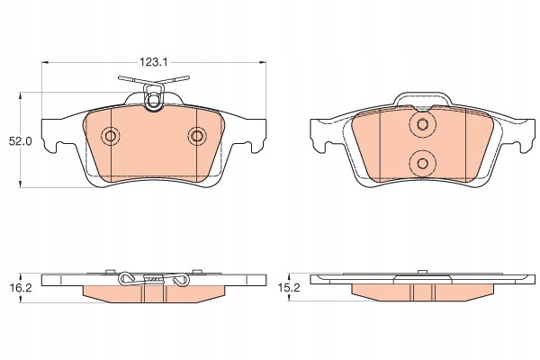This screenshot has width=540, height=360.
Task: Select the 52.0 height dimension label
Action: coord(21,141)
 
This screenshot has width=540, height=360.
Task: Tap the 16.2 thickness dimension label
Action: coord(21,288)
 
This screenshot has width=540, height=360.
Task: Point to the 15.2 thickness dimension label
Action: coord(289,288)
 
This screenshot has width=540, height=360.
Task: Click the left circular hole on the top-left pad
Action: coord(111,136)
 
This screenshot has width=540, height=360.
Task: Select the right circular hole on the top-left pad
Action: coord(197,136)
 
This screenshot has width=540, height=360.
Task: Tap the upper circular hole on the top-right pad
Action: coord(423,124)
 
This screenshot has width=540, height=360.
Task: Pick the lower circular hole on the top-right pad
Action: coord(423,163)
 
